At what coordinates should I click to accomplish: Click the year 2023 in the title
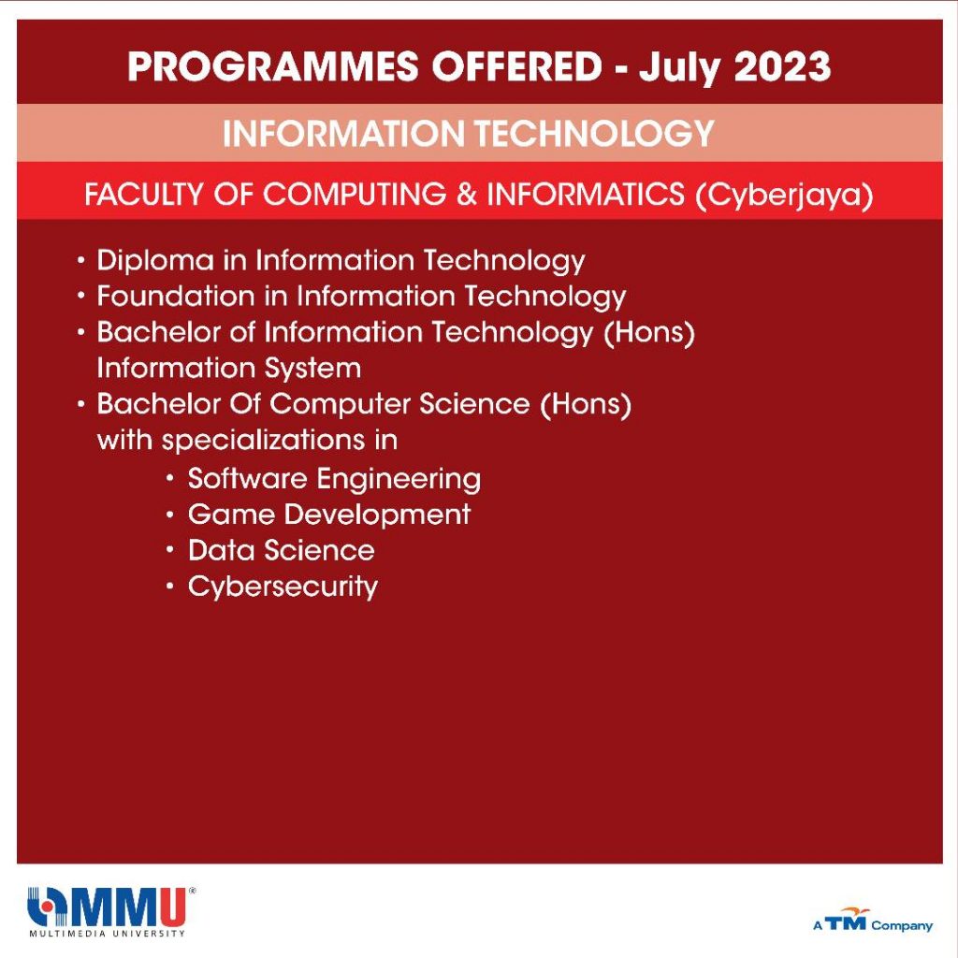(x=782, y=66)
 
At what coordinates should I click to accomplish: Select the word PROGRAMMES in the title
(x=273, y=66)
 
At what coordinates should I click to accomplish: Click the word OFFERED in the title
(x=517, y=66)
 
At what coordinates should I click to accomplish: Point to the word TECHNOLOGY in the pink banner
(x=594, y=134)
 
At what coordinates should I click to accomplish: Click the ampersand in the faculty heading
(x=466, y=195)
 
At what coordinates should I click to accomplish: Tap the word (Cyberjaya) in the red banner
(x=784, y=196)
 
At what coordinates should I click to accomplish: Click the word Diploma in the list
(x=155, y=261)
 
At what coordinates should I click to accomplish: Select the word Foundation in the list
(x=175, y=297)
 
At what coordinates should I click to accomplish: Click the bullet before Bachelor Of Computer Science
(x=81, y=404)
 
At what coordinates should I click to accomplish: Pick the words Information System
(x=229, y=369)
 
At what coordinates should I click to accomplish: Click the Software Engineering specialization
(x=334, y=479)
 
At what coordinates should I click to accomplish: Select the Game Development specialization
(x=329, y=515)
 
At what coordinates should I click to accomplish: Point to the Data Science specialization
(x=281, y=550)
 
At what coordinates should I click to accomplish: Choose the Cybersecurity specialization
(x=283, y=588)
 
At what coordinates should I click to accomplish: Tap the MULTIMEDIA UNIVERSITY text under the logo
(x=108, y=934)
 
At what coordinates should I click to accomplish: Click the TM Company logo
(x=873, y=921)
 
